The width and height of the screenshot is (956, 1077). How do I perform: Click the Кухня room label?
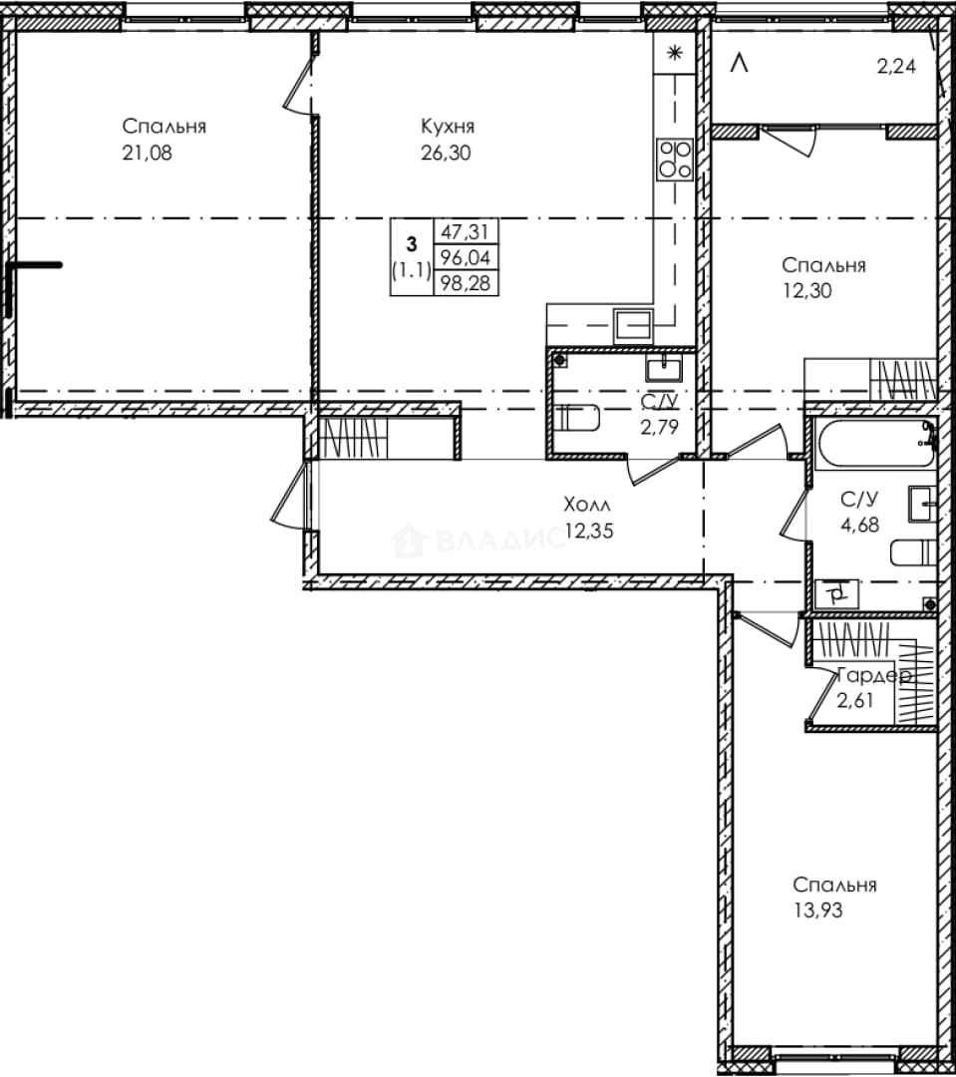point(447,127)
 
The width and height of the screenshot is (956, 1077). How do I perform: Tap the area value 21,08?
point(147,153)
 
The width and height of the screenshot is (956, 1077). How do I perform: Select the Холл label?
point(586,505)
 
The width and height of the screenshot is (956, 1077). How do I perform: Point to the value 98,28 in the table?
point(466,283)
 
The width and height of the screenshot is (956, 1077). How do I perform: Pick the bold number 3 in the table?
point(412,244)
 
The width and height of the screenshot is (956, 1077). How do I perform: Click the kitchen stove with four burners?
point(675,160)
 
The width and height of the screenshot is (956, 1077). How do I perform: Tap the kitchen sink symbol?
point(633,324)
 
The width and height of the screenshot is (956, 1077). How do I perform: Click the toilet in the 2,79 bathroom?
point(577,418)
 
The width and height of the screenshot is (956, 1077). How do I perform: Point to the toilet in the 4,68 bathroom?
point(914,552)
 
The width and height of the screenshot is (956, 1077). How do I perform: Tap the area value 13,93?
point(818,910)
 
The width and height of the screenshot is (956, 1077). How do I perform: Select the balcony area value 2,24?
point(896,67)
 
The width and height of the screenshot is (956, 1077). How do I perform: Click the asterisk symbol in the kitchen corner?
point(675,53)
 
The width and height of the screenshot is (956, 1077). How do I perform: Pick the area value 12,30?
point(807,290)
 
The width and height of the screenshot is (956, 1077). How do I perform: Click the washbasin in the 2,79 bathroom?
point(664,368)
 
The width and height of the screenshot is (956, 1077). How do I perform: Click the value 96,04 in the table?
point(466,257)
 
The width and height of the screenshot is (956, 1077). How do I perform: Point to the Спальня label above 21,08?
point(164,127)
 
